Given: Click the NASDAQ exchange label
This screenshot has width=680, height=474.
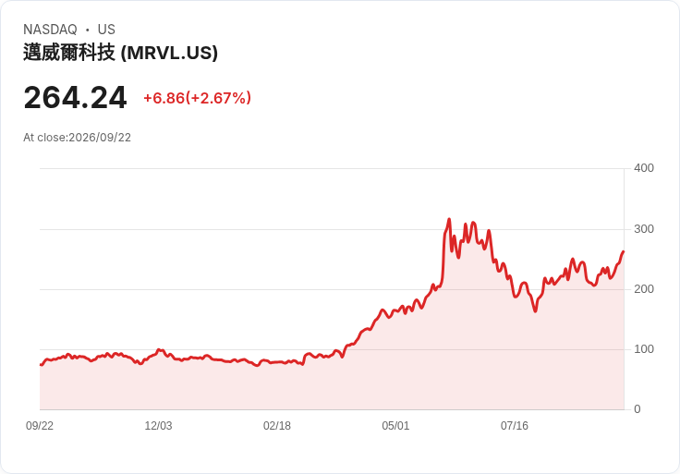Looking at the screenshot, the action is click(50, 30).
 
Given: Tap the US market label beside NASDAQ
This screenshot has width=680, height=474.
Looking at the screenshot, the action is click(106, 30).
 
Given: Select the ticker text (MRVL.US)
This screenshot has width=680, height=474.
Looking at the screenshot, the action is click(169, 53).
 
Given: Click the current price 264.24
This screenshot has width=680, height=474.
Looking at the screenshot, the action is click(75, 98).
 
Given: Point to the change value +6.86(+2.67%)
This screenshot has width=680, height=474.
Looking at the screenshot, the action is click(198, 98).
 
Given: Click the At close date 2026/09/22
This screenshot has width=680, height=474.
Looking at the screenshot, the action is click(100, 138).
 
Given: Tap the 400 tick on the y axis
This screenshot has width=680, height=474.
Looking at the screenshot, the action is click(644, 168).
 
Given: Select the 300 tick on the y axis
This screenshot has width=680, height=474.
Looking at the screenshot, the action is click(644, 229).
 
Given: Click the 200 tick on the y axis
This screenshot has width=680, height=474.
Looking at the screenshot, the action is click(644, 289).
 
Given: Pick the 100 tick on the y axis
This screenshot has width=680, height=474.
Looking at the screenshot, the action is click(644, 349).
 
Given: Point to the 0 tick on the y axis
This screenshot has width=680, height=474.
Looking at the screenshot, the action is click(637, 409).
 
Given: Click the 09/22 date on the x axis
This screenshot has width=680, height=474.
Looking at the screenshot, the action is click(40, 426).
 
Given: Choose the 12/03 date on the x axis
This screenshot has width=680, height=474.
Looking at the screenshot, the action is click(158, 426).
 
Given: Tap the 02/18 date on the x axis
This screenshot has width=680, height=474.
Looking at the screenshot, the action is click(276, 426).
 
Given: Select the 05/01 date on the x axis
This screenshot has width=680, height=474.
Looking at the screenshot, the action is click(395, 426).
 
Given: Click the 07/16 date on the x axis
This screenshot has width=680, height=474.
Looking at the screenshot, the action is click(515, 426).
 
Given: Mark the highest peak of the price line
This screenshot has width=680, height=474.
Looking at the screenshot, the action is click(449, 219).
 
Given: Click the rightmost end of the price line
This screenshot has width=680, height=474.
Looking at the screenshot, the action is click(624, 251).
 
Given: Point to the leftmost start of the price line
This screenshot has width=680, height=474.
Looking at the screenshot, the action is click(41, 365).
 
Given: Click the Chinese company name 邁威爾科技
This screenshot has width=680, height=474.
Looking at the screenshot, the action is click(69, 53).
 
